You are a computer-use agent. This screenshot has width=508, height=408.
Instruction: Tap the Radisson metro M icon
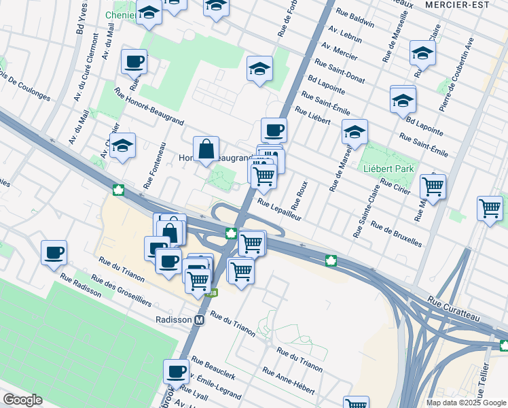(200, 320)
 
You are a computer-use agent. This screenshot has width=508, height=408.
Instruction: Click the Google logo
(22, 400)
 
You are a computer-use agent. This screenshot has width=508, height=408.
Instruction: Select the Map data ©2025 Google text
(466, 403)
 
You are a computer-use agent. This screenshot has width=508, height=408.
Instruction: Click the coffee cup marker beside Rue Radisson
(54, 252)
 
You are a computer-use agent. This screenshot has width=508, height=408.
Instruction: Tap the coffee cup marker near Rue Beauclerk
(176, 371)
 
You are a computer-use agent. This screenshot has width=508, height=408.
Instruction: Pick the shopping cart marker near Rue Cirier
(433, 185)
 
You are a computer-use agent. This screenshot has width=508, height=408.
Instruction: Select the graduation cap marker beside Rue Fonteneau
(122, 145)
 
